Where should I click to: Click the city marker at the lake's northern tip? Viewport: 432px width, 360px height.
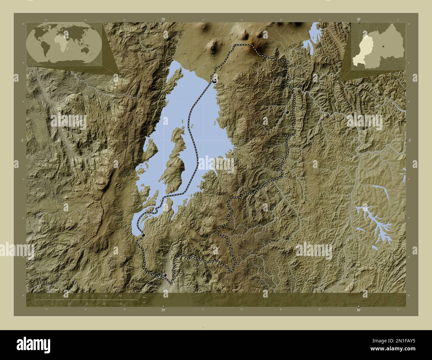click(x=215, y=80)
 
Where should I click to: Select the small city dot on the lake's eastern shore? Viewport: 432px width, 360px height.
click(x=232, y=154)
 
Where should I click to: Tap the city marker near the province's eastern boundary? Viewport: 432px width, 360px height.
click(x=287, y=112)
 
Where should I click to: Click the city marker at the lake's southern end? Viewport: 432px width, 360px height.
click(x=143, y=235)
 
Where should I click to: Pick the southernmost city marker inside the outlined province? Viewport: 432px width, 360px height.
click(x=165, y=275)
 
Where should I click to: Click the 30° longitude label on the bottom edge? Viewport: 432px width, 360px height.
click(x=358, y=310)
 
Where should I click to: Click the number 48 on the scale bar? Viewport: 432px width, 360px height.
click(x=120, y=296)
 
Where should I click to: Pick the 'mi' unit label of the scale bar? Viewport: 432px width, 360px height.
click(x=144, y=303)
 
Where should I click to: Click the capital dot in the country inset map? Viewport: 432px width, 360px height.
click(x=383, y=46)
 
